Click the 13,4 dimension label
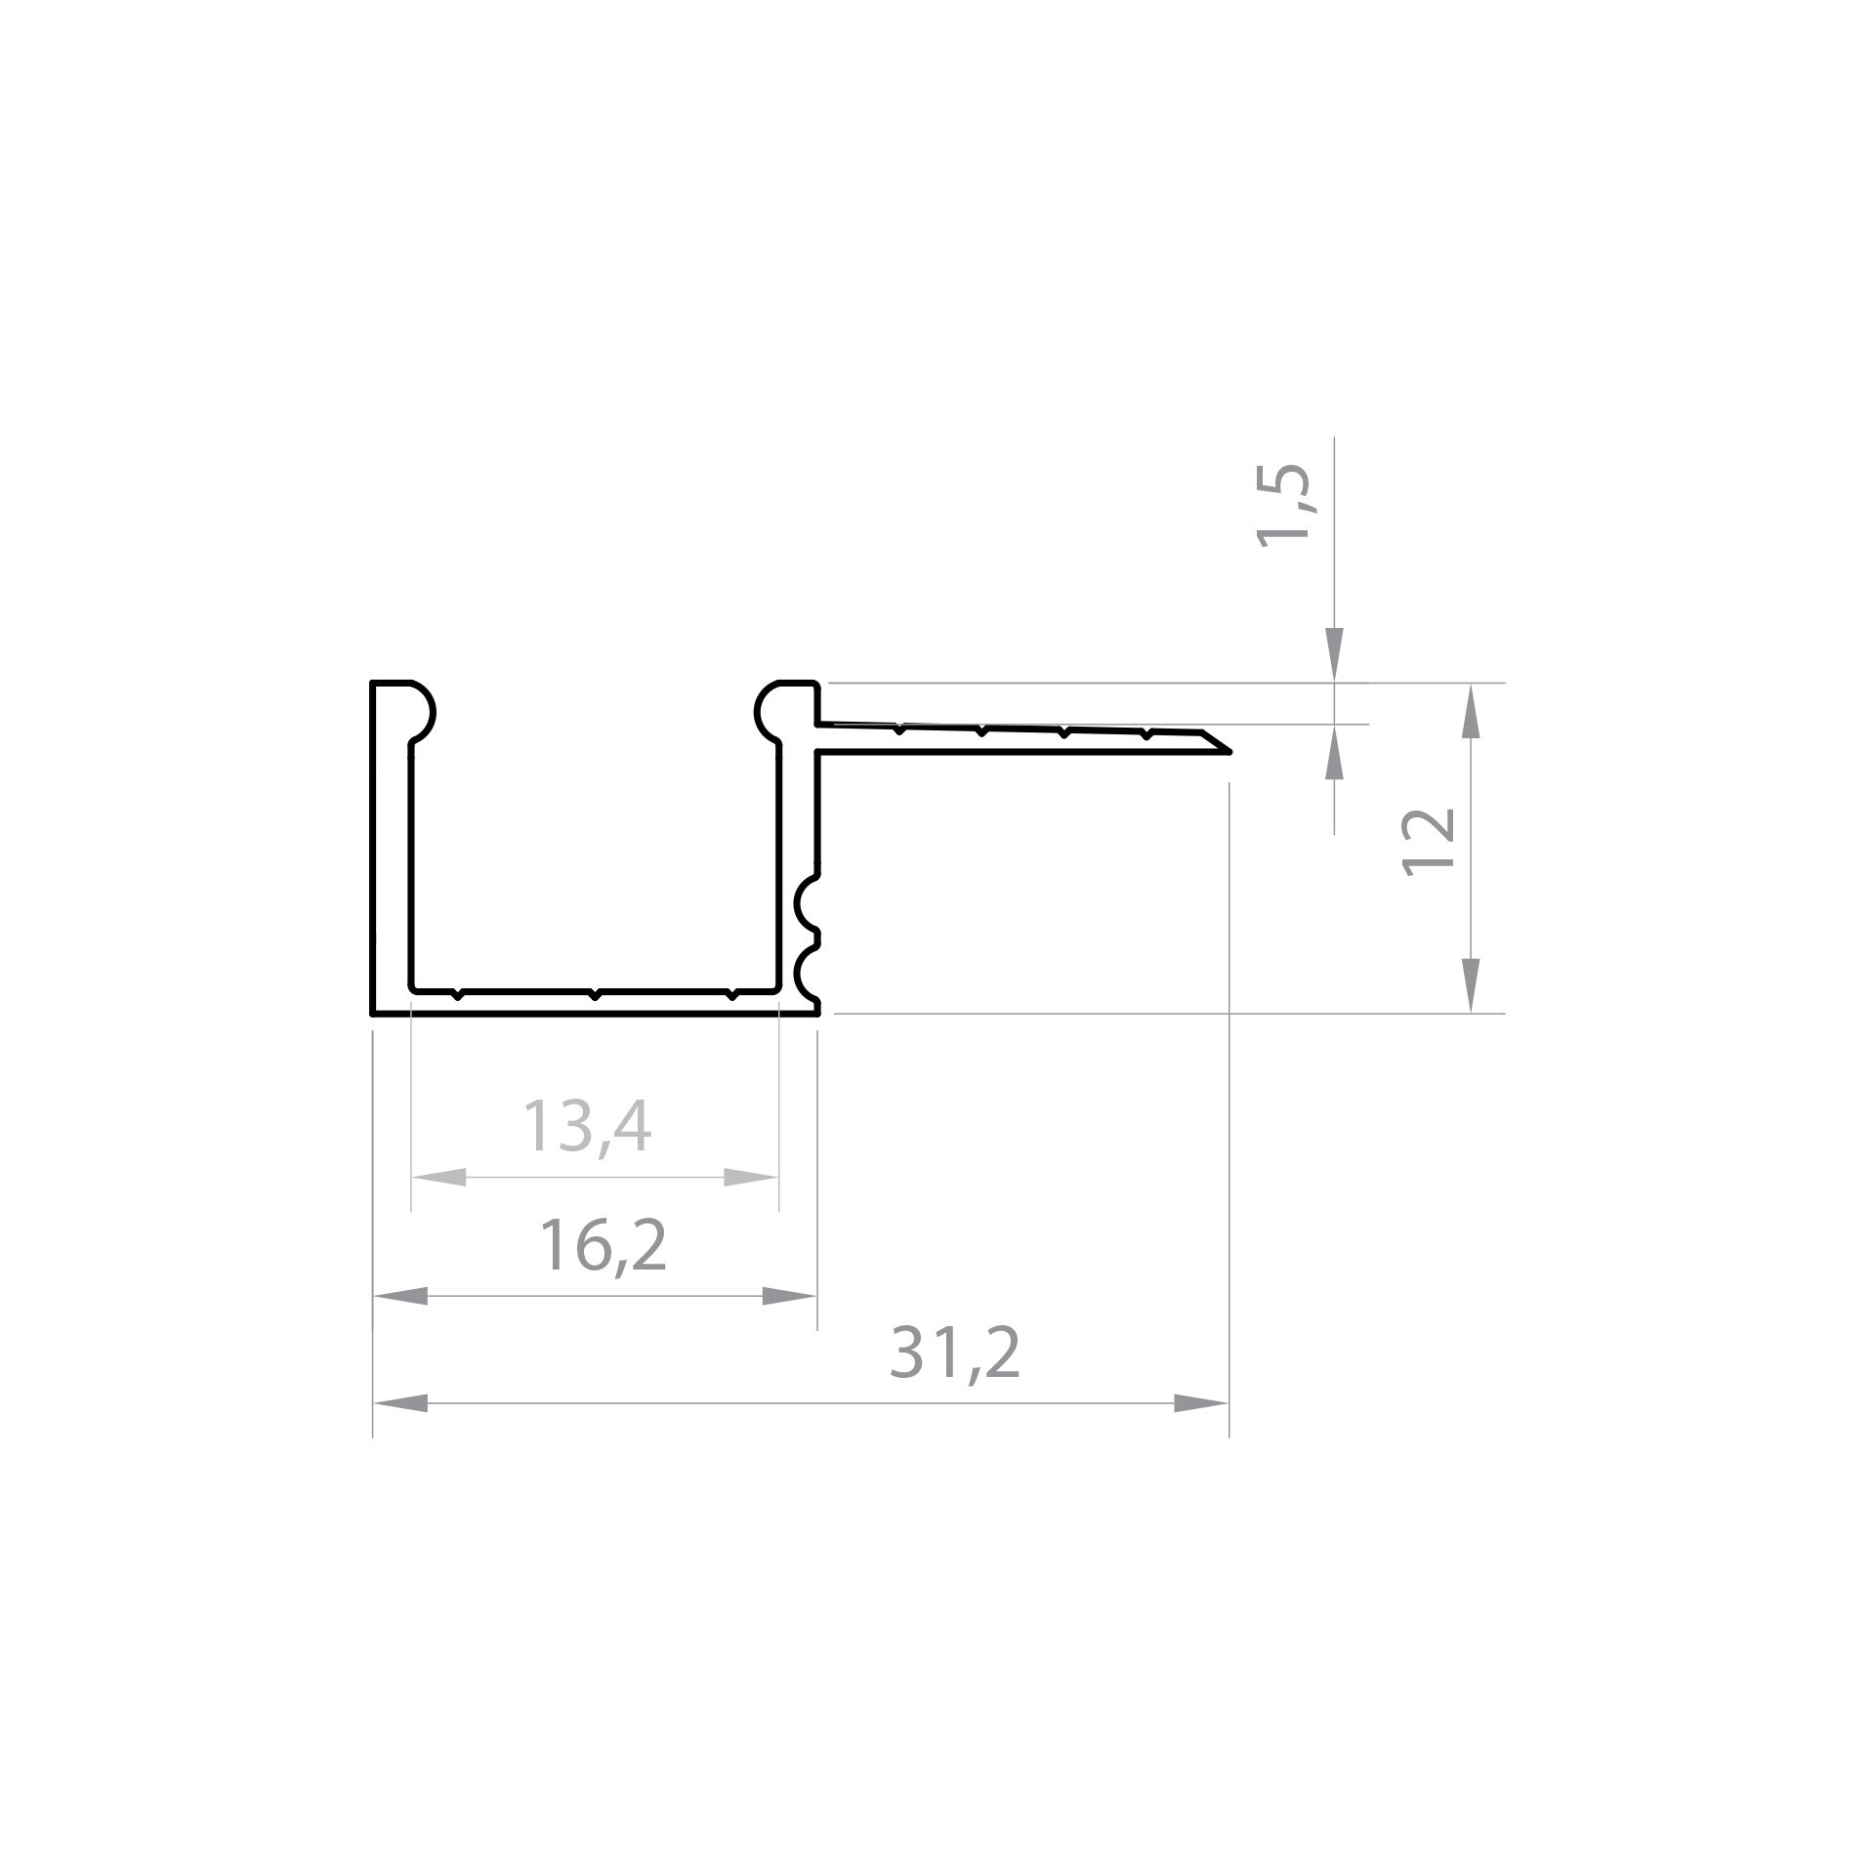point(587,1127)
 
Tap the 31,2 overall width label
point(955,1354)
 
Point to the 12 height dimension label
point(1429,841)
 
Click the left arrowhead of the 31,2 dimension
point(400,1404)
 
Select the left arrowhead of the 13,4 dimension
point(438,1178)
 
